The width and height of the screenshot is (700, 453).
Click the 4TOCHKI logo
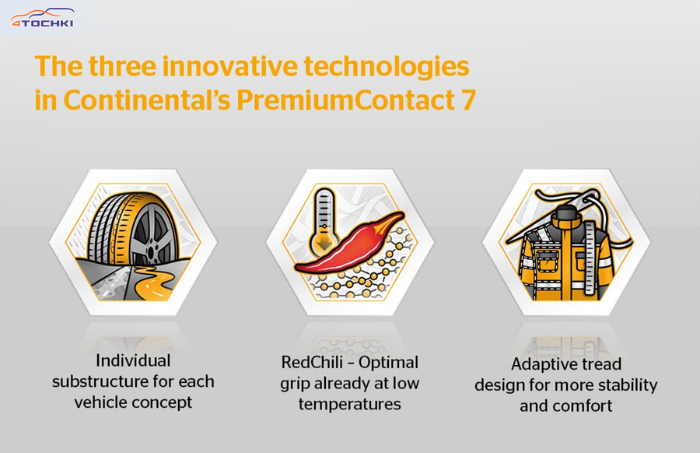pos(43,18)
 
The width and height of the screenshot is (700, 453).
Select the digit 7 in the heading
pos(467,100)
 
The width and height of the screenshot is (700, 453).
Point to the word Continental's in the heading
pos(147,100)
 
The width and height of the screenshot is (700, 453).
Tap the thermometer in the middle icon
pos(324,220)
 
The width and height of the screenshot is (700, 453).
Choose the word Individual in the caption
pos(133,360)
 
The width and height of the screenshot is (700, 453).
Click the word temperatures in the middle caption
pos(349,405)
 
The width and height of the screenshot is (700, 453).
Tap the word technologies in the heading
pos(387,67)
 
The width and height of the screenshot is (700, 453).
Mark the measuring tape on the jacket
pos(590,258)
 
